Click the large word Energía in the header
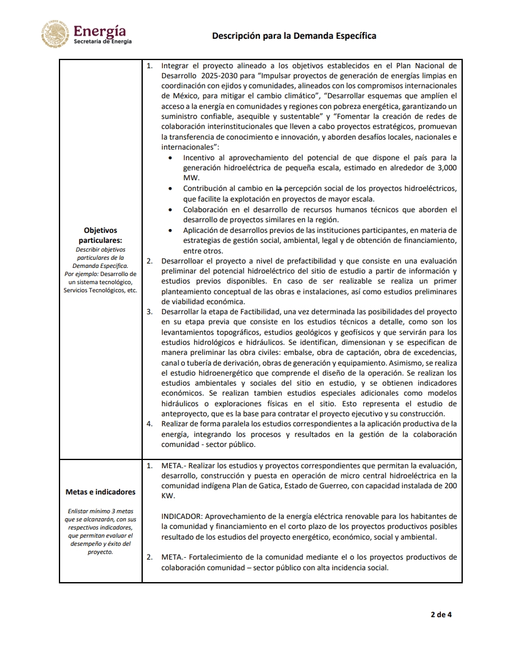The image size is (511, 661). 99,31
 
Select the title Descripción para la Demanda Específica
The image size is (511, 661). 294,36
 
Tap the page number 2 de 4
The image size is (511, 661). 441,614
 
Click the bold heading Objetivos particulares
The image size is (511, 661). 100,235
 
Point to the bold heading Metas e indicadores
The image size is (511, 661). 100,492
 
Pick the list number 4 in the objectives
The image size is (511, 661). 149,424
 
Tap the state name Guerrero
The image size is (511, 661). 315,485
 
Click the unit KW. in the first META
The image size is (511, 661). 168,495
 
